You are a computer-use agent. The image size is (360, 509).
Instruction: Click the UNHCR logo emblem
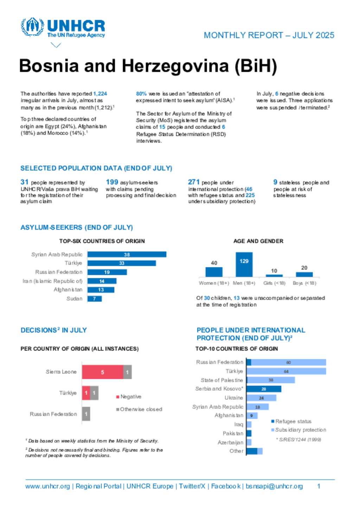pos(32,27)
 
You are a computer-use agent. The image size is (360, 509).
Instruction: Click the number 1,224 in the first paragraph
pos(100,94)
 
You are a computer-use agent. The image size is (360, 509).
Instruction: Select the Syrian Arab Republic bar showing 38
pos(127,254)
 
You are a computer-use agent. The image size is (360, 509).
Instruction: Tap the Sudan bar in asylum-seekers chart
pos(95,299)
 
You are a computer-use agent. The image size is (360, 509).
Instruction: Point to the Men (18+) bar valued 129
pos(244,265)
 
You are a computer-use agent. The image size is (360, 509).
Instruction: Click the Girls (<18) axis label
pos(274,283)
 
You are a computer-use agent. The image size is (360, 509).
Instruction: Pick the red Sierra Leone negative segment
pos(103,372)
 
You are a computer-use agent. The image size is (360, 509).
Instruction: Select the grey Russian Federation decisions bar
pos(86,414)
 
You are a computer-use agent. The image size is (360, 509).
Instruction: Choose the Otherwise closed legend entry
pos(139,409)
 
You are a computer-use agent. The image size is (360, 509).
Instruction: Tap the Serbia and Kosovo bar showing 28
pos(264,389)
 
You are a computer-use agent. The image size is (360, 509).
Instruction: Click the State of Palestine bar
pos(271,380)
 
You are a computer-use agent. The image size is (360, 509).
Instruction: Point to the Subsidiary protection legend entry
pos(298,430)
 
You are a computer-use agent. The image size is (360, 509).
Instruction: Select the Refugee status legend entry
pos(291,421)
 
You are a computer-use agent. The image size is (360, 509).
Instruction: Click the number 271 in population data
pos(193,182)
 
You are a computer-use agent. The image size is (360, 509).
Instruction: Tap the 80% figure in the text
pos(141,94)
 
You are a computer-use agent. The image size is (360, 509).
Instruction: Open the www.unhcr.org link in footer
pos(47,486)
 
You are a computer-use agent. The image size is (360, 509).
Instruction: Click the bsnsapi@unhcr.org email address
pos(274,486)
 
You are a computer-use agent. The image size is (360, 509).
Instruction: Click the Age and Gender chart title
pos(258,241)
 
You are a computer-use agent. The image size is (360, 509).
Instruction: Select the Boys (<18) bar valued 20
pos(304,274)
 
